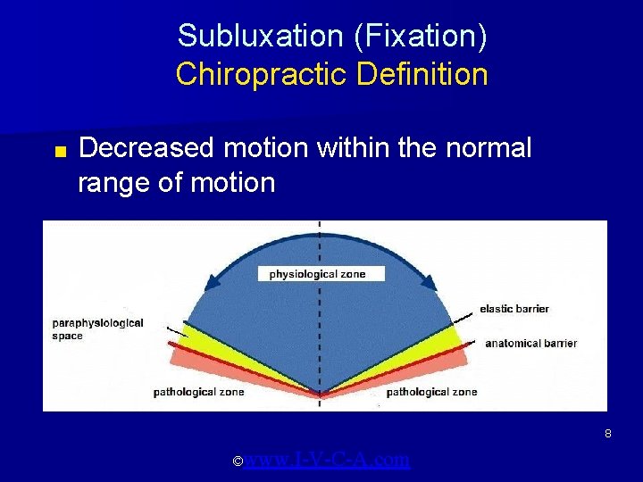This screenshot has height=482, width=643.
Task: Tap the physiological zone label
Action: click(317, 274)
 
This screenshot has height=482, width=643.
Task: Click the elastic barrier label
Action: click(514, 309)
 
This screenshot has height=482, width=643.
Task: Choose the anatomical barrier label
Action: click(530, 343)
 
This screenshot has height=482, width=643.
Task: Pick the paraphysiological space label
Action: click(98, 329)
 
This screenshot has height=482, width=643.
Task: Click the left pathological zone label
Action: click(198, 392)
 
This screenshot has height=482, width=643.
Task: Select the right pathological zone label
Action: click(431, 392)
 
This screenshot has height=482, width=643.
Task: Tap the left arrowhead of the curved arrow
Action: click(212, 282)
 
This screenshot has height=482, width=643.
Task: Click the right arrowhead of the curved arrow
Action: click(428, 282)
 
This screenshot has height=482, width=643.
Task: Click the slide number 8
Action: click(607, 434)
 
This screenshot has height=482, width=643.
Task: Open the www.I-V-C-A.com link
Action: click(327, 460)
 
